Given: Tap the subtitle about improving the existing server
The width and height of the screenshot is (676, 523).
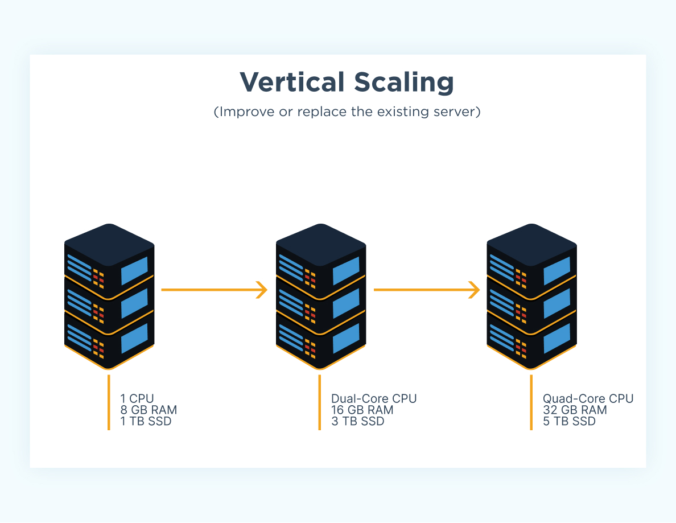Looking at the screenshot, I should point(347,112).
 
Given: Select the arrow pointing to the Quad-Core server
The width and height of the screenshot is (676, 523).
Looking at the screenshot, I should point(426,290).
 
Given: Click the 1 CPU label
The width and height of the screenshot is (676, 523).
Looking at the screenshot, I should point(137,398).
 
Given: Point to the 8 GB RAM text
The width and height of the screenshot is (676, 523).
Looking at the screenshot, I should point(149,410).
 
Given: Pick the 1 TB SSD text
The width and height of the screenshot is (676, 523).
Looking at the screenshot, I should point(146,422).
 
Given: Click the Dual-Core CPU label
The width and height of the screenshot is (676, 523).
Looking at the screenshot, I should point(374,398).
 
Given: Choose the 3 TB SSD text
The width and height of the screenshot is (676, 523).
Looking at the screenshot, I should point(358,422).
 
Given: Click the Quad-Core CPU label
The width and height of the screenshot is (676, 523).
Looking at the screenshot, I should point(588,398).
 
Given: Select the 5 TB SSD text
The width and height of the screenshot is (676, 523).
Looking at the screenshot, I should point(570,422).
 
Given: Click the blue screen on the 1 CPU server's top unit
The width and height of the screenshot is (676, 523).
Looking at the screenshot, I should point(134,271).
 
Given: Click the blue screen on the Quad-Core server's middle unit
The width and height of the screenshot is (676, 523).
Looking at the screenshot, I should point(557,304).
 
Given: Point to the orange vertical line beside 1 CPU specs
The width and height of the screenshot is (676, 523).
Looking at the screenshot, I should point(108,402).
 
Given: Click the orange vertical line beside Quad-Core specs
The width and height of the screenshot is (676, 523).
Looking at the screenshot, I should point(531,402).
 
